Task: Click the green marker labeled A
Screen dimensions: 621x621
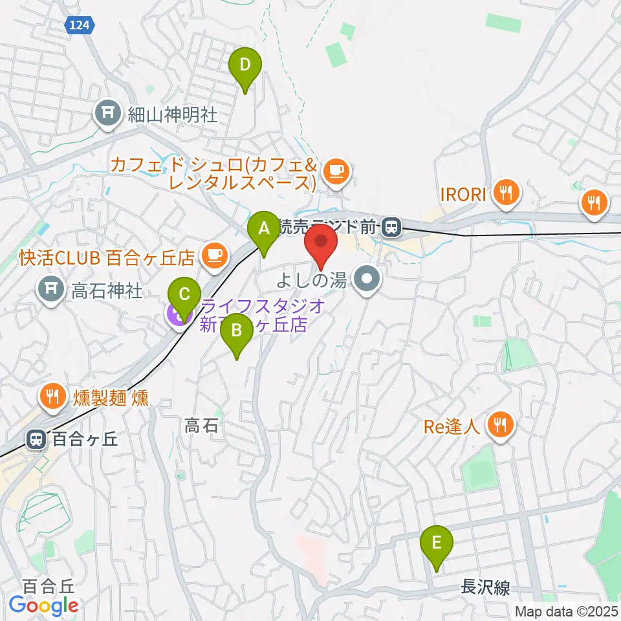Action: tap(263, 228)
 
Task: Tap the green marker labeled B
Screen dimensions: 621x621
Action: tap(236, 331)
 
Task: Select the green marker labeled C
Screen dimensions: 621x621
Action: tap(184, 296)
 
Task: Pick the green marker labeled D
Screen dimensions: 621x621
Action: tap(245, 65)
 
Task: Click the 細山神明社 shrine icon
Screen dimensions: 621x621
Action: tap(106, 114)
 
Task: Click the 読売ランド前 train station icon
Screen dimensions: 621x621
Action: tap(391, 226)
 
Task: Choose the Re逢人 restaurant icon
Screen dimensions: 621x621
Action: tap(500, 424)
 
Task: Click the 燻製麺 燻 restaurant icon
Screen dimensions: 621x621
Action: tap(51, 395)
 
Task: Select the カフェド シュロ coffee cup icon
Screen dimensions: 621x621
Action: tap(335, 171)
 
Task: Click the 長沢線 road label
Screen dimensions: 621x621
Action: tap(485, 587)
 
